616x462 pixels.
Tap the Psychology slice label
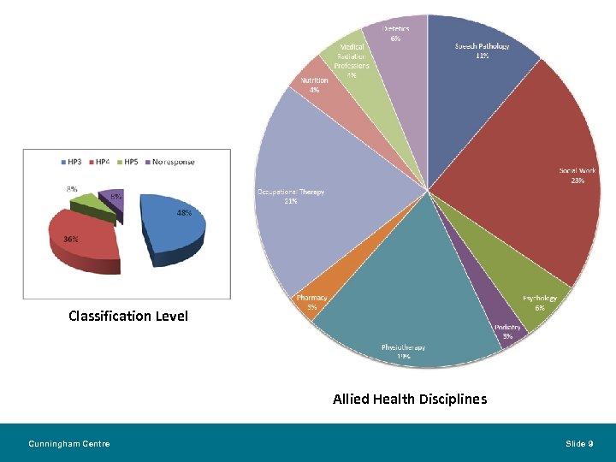539,302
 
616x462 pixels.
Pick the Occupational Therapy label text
291,197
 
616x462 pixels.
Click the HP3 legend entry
72,162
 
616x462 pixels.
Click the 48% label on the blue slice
184,213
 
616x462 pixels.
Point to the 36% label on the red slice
70,239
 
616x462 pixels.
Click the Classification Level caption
128,317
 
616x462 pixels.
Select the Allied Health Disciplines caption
410,399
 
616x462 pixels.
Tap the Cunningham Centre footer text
68,443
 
